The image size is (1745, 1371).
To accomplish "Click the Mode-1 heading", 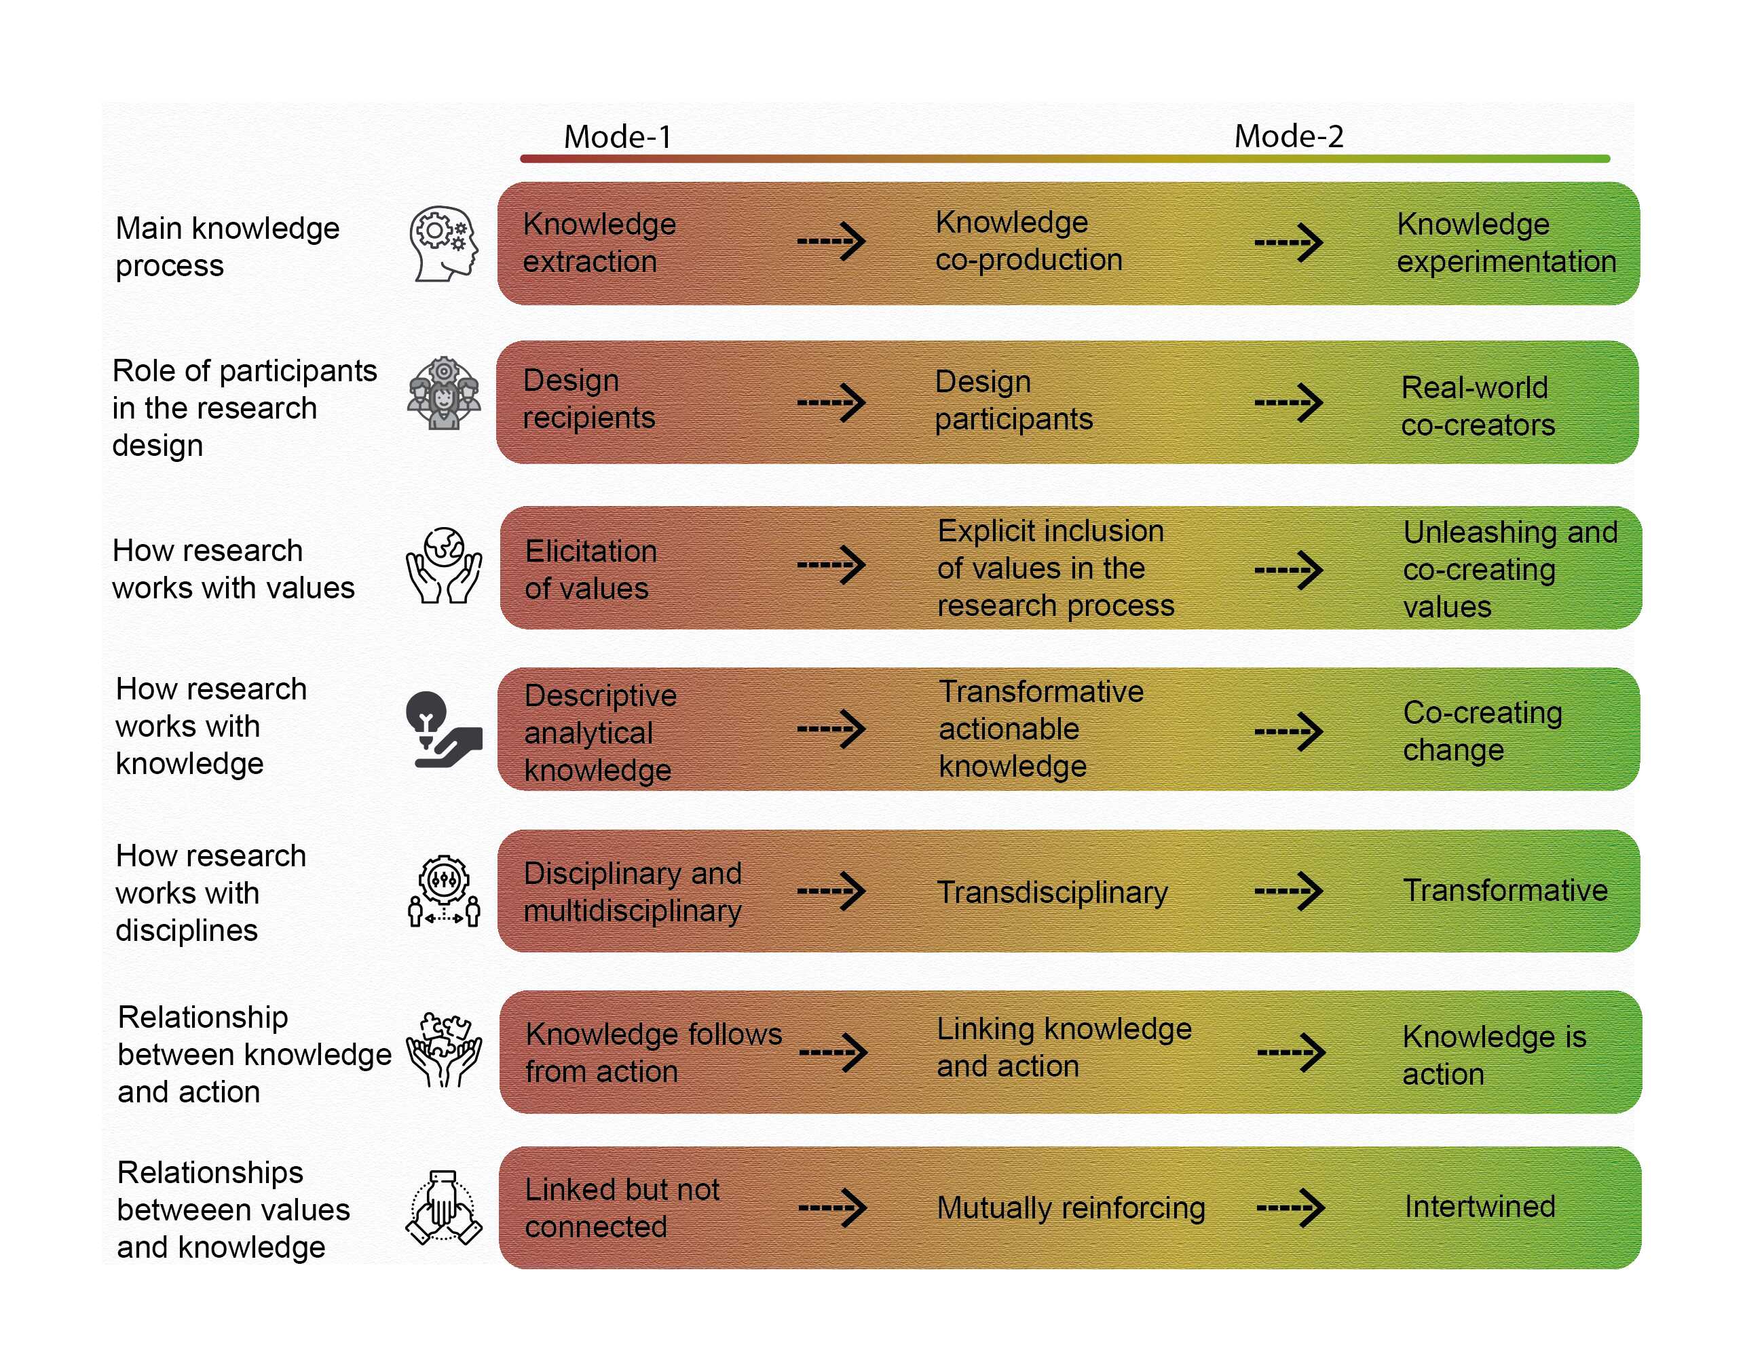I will [617, 136].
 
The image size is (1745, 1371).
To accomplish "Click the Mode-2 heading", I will [1288, 136].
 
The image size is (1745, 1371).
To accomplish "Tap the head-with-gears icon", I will [443, 244].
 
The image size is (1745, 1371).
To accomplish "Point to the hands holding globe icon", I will [443, 565].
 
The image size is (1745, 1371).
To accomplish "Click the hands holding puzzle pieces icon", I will [443, 1050].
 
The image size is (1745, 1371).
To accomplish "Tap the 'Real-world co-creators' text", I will [1478, 406].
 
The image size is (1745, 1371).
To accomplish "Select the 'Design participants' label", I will [1013, 400].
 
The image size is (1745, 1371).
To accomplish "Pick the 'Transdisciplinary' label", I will [1052, 892].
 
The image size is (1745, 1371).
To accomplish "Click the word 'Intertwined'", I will [1479, 1206].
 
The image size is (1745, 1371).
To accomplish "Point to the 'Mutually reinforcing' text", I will [1070, 1208].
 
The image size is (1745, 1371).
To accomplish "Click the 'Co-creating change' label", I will [1482, 731].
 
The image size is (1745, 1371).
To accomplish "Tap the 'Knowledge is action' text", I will [1494, 1055].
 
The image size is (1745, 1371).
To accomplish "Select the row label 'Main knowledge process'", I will [227, 246].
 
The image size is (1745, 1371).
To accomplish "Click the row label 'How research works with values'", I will [233, 569].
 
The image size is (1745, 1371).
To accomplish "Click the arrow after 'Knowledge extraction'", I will [831, 241].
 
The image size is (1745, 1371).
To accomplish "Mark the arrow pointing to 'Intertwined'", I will [1290, 1208].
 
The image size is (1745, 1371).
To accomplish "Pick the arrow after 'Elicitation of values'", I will [831, 565].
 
